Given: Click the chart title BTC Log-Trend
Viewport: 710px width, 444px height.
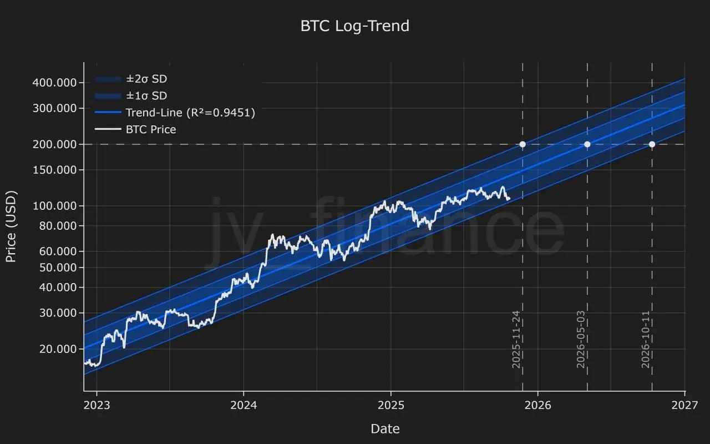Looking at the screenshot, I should coord(355,26).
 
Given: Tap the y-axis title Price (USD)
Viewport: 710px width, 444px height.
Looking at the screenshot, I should coord(11,226).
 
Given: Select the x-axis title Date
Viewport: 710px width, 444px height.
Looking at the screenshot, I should coord(385,428).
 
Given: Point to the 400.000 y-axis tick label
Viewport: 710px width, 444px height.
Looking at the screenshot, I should coord(54,83).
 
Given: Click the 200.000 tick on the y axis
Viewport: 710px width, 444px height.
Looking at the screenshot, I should coord(54,144).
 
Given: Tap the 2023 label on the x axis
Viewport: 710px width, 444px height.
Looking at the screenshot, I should coord(97,405).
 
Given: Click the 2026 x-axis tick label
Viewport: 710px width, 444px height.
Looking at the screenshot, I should coord(537,405).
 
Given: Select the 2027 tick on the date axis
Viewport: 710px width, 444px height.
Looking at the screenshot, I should coord(684,405).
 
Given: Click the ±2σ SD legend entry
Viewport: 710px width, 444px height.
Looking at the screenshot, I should coord(146,79).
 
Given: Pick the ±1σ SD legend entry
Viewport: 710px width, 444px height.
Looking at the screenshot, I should coord(146,95).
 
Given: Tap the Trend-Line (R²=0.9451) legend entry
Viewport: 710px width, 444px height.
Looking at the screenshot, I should coord(190,113).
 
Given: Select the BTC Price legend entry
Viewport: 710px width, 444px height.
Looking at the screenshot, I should coord(150,129).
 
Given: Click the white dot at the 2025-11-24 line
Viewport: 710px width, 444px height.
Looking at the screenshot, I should coord(523,144).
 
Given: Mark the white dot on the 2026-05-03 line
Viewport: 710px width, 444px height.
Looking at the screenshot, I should coord(587,144).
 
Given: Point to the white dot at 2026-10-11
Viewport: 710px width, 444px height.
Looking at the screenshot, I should coord(652,144).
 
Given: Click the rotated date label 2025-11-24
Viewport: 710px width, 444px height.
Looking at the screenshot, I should coord(516,339).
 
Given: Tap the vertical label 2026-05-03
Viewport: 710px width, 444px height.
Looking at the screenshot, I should coord(581,339).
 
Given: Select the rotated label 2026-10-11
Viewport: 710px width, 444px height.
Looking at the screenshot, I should coord(646,339).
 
